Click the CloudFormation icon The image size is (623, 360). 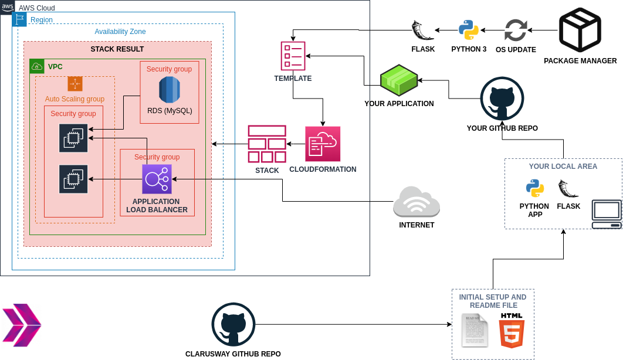click(x=323, y=144)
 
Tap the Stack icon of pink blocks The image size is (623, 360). click(x=267, y=144)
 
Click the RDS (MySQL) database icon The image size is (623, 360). click(x=169, y=89)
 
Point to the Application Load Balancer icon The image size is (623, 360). click(x=157, y=179)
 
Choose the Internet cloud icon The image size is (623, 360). click(x=417, y=202)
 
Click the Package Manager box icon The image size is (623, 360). click(x=580, y=30)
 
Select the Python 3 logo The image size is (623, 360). click(x=469, y=30)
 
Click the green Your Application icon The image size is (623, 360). click(x=399, y=80)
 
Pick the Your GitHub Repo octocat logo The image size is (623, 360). click(x=502, y=99)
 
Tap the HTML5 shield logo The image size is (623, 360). click(x=511, y=331)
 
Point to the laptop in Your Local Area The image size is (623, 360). click(x=607, y=215)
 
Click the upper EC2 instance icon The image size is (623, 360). click(x=73, y=138)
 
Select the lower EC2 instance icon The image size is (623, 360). click(x=73, y=179)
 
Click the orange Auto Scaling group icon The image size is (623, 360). click(x=75, y=84)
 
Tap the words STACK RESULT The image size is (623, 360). click(x=117, y=49)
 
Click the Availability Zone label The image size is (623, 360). click(x=120, y=32)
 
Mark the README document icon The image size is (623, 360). click(x=474, y=331)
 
